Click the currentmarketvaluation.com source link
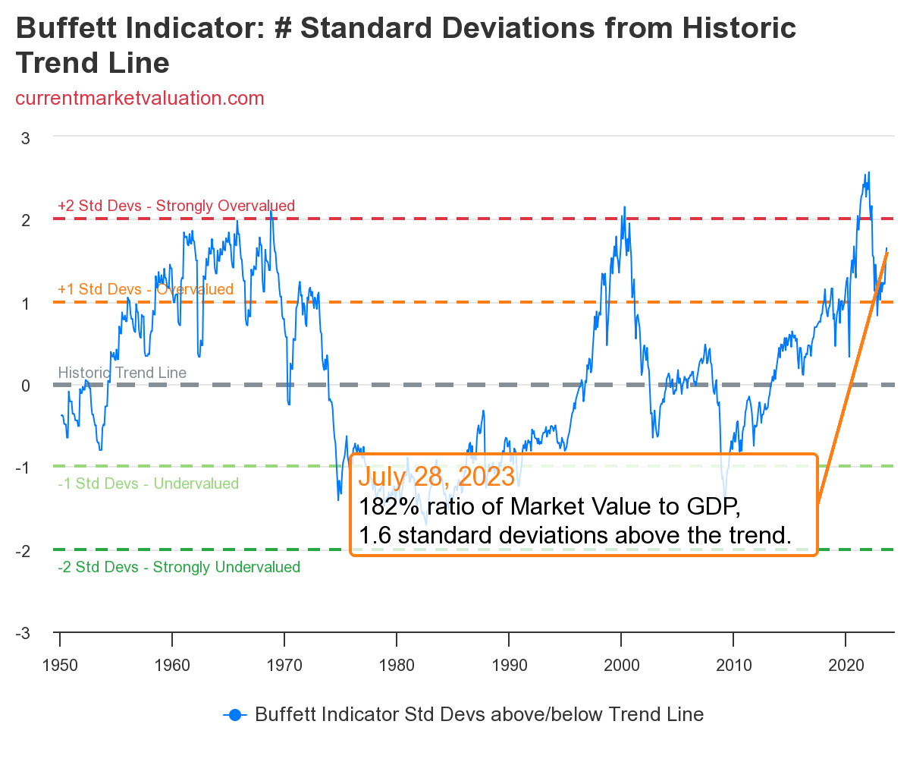pyautogui.click(x=140, y=98)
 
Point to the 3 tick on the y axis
pyautogui.click(x=25, y=138)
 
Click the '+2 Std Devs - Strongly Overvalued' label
pyautogui.click(x=176, y=206)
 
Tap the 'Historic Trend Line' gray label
pyautogui.click(x=122, y=373)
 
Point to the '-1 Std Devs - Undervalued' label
pyautogui.click(x=148, y=483)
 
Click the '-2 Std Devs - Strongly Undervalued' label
pyautogui.click(x=179, y=567)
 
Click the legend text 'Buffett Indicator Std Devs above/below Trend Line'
pyautogui.click(x=479, y=714)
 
